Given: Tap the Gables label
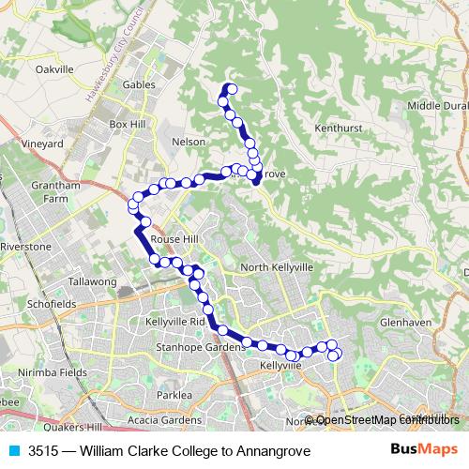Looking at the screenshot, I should (x=138, y=83).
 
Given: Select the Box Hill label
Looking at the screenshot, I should (x=129, y=124).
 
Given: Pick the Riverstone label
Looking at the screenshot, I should (x=25, y=246).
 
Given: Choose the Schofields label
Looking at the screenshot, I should (x=52, y=305).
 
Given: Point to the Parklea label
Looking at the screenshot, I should (x=174, y=395).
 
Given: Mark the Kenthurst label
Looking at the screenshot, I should (x=339, y=126).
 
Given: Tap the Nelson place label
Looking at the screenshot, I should (x=189, y=142).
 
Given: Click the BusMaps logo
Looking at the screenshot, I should (x=425, y=450).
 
